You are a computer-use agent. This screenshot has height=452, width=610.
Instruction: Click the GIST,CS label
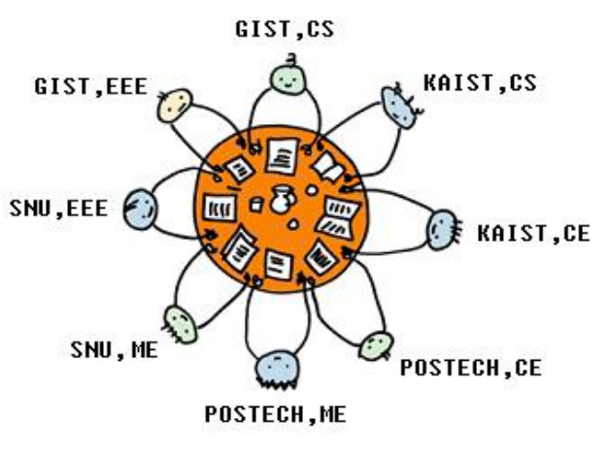pyautogui.click(x=285, y=29)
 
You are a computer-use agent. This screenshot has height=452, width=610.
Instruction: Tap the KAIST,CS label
pyautogui.click(x=480, y=82)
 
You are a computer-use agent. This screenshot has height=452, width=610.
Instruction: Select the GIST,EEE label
pyautogui.click(x=91, y=86)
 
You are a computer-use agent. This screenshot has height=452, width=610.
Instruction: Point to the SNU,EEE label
pyautogui.click(x=58, y=209)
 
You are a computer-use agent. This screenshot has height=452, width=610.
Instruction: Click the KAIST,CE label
pyautogui.click(x=534, y=234)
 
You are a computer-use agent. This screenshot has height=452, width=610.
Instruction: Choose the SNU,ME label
pyautogui.click(x=114, y=350)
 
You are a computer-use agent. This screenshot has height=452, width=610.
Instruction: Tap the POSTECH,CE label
pyautogui.click(x=471, y=368)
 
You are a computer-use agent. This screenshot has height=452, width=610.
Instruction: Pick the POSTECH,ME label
pyautogui.click(x=276, y=414)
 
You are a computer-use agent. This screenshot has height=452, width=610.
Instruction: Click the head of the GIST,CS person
pyautogui.click(x=288, y=80)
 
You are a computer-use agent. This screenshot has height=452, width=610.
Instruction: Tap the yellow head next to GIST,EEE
pyautogui.click(x=175, y=106)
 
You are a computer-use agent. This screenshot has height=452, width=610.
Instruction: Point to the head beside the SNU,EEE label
pyautogui.click(x=140, y=209)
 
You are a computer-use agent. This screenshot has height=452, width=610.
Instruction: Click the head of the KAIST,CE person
pyautogui.click(x=442, y=229)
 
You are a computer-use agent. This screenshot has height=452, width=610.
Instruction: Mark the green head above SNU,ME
pyautogui.click(x=181, y=325)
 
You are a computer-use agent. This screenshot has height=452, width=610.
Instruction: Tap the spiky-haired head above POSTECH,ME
pyautogui.click(x=278, y=368)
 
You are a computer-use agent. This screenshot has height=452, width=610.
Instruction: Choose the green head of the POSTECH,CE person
pyautogui.click(x=376, y=345)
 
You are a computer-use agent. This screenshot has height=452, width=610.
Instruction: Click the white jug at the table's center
pyautogui.click(x=283, y=199)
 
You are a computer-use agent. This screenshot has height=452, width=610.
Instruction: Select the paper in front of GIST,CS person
pyautogui.click(x=282, y=156)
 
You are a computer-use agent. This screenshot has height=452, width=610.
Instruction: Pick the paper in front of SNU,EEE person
pyautogui.click(x=220, y=208)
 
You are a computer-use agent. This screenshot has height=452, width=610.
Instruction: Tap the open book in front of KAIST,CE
pyautogui.click(x=338, y=218)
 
